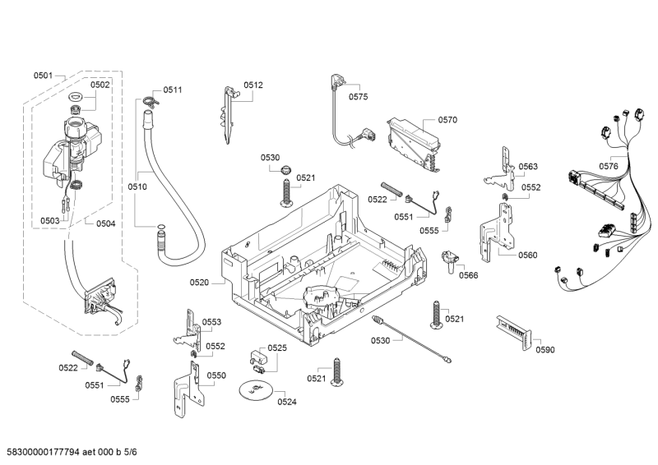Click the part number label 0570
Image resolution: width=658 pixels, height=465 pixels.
(x=447, y=120)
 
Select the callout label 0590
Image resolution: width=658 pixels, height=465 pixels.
(x=545, y=350)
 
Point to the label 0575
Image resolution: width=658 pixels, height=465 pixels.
(x=358, y=97)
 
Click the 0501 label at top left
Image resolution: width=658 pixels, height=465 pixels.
(x=43, y=76)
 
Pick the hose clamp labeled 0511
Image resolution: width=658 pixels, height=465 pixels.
(x=148, y=101)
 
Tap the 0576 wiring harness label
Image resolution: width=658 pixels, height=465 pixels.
(x=609, y=166)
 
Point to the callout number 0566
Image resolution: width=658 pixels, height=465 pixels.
(x=469, y=275)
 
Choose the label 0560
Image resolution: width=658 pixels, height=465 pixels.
(x=528, y=255)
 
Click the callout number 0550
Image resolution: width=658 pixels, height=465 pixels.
(x=216, y=375)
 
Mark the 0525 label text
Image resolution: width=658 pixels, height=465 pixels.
(x=277, y=348)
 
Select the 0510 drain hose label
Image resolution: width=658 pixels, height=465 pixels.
(x=137, y=187)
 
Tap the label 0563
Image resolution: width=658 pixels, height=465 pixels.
(x=528, y=167)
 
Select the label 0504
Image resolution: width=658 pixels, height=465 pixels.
(x=105, y=223)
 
